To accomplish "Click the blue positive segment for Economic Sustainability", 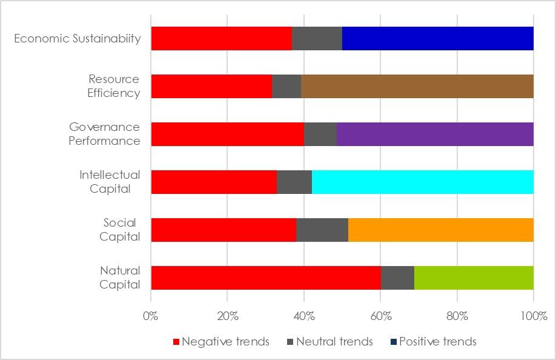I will pos(437,38).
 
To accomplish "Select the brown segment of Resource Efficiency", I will pos(417,86).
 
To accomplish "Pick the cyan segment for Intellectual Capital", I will pos(422,182).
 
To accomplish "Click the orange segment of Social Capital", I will pos(440,230).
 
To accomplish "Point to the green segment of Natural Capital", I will pos(474,278).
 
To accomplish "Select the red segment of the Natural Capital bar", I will pos(265,278).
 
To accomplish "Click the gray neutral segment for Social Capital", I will pos(322,230).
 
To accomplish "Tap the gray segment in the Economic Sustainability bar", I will pos(317,38).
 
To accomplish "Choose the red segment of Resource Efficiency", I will pos(211,86).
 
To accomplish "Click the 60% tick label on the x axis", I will pos(380,316).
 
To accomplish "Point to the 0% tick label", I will pos(151,316).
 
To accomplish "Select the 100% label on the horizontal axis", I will pos(533,316).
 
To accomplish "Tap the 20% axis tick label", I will pos(227,316).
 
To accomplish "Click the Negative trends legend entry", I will pos(222,342).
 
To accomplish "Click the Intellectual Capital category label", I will pos(110,182).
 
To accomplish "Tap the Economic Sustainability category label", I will pos(77,39).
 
